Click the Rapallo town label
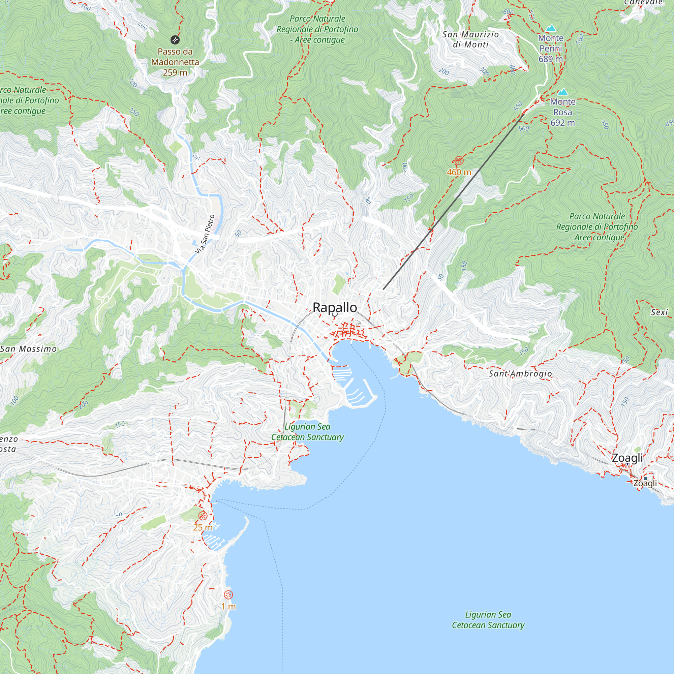coord(335,307)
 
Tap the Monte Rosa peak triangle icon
coord(562,92)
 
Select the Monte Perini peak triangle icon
coord(551,28)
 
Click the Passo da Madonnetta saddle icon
coord(175,40)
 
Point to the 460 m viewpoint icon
coord(459,161)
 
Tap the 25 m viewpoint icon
coord(203,516)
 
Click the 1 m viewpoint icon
coord(228,595)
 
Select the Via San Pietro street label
coord(205,234)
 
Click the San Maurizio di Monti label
coord(470,39)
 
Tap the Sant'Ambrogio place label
coord(520,374)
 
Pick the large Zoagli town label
coord(627,458)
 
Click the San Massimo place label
coord(29,349)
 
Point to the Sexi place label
coord(659,312)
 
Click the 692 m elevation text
coord(562,123)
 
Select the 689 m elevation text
coord(551,59)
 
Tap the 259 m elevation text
coord(175,72)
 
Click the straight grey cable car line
coord(454,201)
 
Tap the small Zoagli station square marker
coord(645,479)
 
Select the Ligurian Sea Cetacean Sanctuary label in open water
coord(488,620)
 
